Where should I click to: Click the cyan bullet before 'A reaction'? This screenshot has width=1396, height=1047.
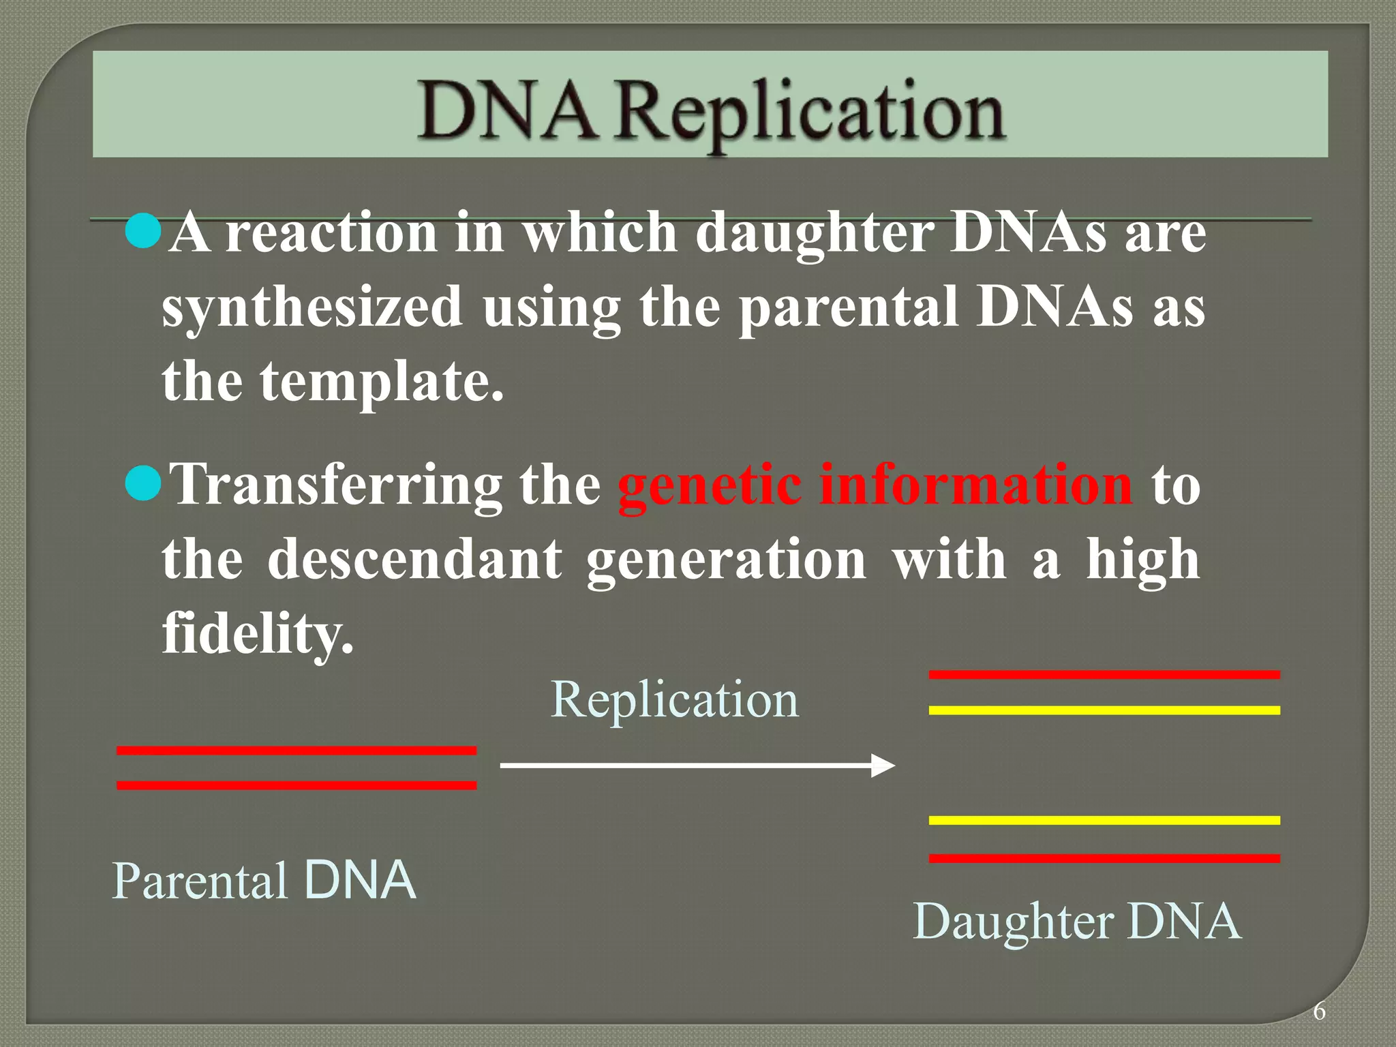(144, 230)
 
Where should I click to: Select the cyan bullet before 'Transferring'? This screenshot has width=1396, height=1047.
(144, 483)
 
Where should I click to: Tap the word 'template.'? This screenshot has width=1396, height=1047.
(382, 382)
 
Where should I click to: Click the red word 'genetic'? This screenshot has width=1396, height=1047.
(709, 485)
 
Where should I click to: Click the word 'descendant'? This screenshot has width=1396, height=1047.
(414, 559)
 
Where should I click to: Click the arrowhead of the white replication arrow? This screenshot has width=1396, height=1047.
(883, 765)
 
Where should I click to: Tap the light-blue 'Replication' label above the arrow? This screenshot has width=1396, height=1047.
(674, 700)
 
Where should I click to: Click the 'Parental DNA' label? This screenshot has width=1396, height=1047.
(264, 881)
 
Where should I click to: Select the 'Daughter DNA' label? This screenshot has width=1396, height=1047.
(1077, 922)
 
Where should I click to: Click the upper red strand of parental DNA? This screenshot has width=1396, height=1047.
(297, 750)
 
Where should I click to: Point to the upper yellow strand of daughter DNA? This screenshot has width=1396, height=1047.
(1104, 710)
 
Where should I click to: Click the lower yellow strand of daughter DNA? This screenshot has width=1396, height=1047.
(1104, 820)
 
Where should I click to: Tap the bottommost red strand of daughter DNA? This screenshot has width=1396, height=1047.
(1104, 859)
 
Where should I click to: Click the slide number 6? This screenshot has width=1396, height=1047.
(1319, 1012)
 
